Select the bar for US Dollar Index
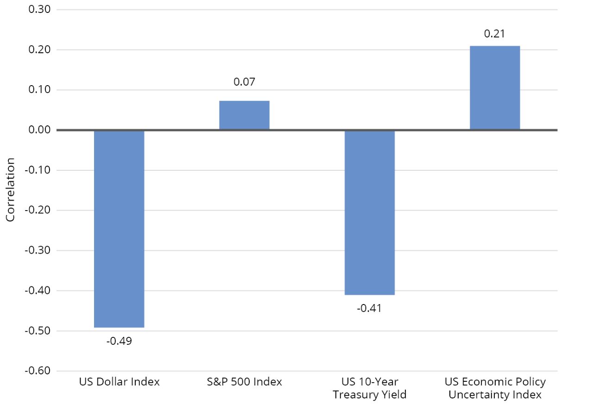119,229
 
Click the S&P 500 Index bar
244,115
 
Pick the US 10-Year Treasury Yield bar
370,212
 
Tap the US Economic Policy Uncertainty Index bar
495,88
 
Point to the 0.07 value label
244,82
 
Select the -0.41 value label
370,308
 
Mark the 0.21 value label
495,33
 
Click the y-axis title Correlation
11,190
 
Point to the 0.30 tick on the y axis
40,9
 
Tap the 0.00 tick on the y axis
40,130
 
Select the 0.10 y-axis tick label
40,90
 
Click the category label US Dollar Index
119,382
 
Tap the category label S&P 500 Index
244,382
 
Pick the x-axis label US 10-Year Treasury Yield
370,388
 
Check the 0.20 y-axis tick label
40,50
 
